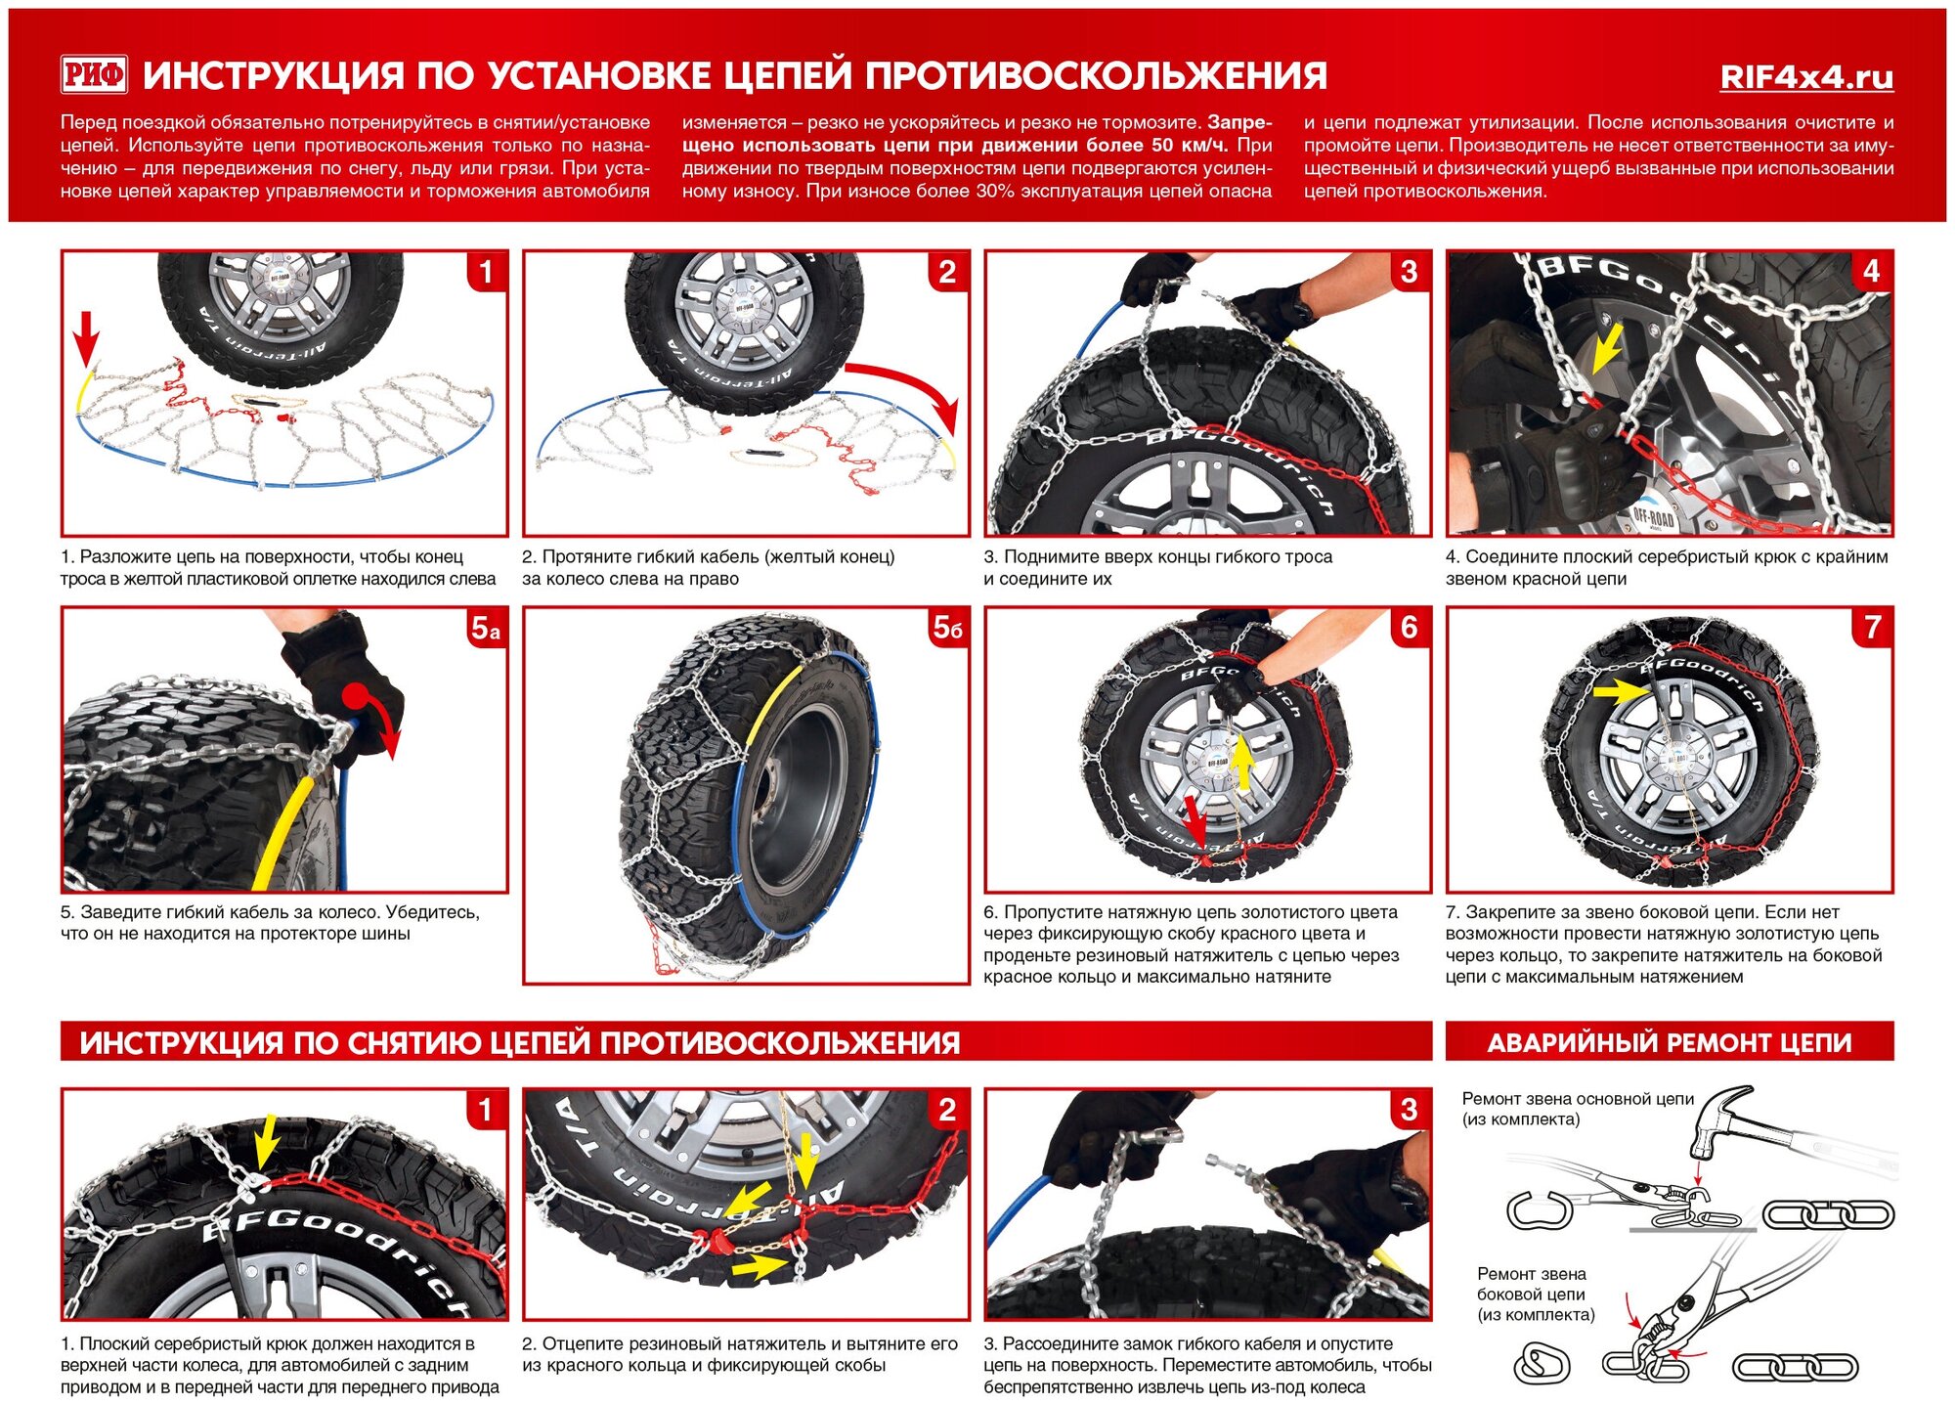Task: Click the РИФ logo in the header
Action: (94, 74)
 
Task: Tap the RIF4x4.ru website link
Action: (1806, 77)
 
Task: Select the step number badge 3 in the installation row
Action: (1409, 272)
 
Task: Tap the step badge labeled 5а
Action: (486, 628)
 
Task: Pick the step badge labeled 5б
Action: (947, 628)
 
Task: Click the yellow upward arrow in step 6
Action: (1241, 763)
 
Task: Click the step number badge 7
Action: (1872, 628)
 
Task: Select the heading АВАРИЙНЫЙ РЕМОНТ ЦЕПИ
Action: (1669, 1043)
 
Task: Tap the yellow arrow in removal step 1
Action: (264, 1142)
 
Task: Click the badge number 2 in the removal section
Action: (947, 1110)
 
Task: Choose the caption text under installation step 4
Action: (1666, 567)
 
